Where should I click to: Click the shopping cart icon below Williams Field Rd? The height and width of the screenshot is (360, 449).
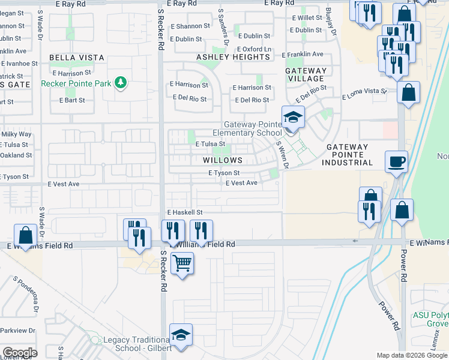coord(182,262)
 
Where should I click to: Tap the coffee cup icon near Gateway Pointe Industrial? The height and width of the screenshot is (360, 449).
coord(396,161)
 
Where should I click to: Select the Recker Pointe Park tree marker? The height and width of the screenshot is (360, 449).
coord(121,83)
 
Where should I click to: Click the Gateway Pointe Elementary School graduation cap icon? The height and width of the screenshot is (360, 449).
coord(293,116)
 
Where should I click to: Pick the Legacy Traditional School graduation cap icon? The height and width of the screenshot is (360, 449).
coord(181,335)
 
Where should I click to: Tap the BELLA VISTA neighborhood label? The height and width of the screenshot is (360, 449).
coord(77,58)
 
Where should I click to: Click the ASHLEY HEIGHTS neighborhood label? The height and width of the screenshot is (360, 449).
coord(234,57)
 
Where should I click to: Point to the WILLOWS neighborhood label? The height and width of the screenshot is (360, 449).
coord(222,160)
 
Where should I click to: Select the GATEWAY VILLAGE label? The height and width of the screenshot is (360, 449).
coord(306,74)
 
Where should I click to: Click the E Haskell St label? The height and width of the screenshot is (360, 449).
coord(185,212)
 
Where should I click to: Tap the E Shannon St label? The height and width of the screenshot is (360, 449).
coord(190,26)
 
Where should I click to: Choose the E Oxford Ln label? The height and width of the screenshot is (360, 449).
coord(254,49)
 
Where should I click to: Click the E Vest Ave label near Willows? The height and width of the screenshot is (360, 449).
coord(241,183)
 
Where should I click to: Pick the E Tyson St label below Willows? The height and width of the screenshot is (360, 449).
coord(224,173)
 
